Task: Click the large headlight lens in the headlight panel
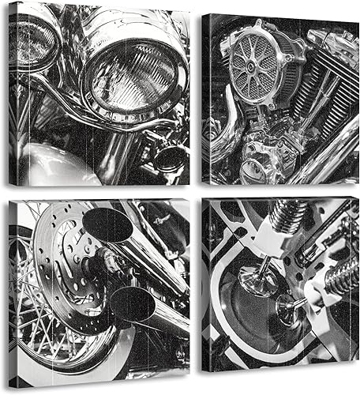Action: (130, 74)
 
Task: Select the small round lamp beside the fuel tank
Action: (168, 156)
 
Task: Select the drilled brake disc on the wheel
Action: (59, 261)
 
